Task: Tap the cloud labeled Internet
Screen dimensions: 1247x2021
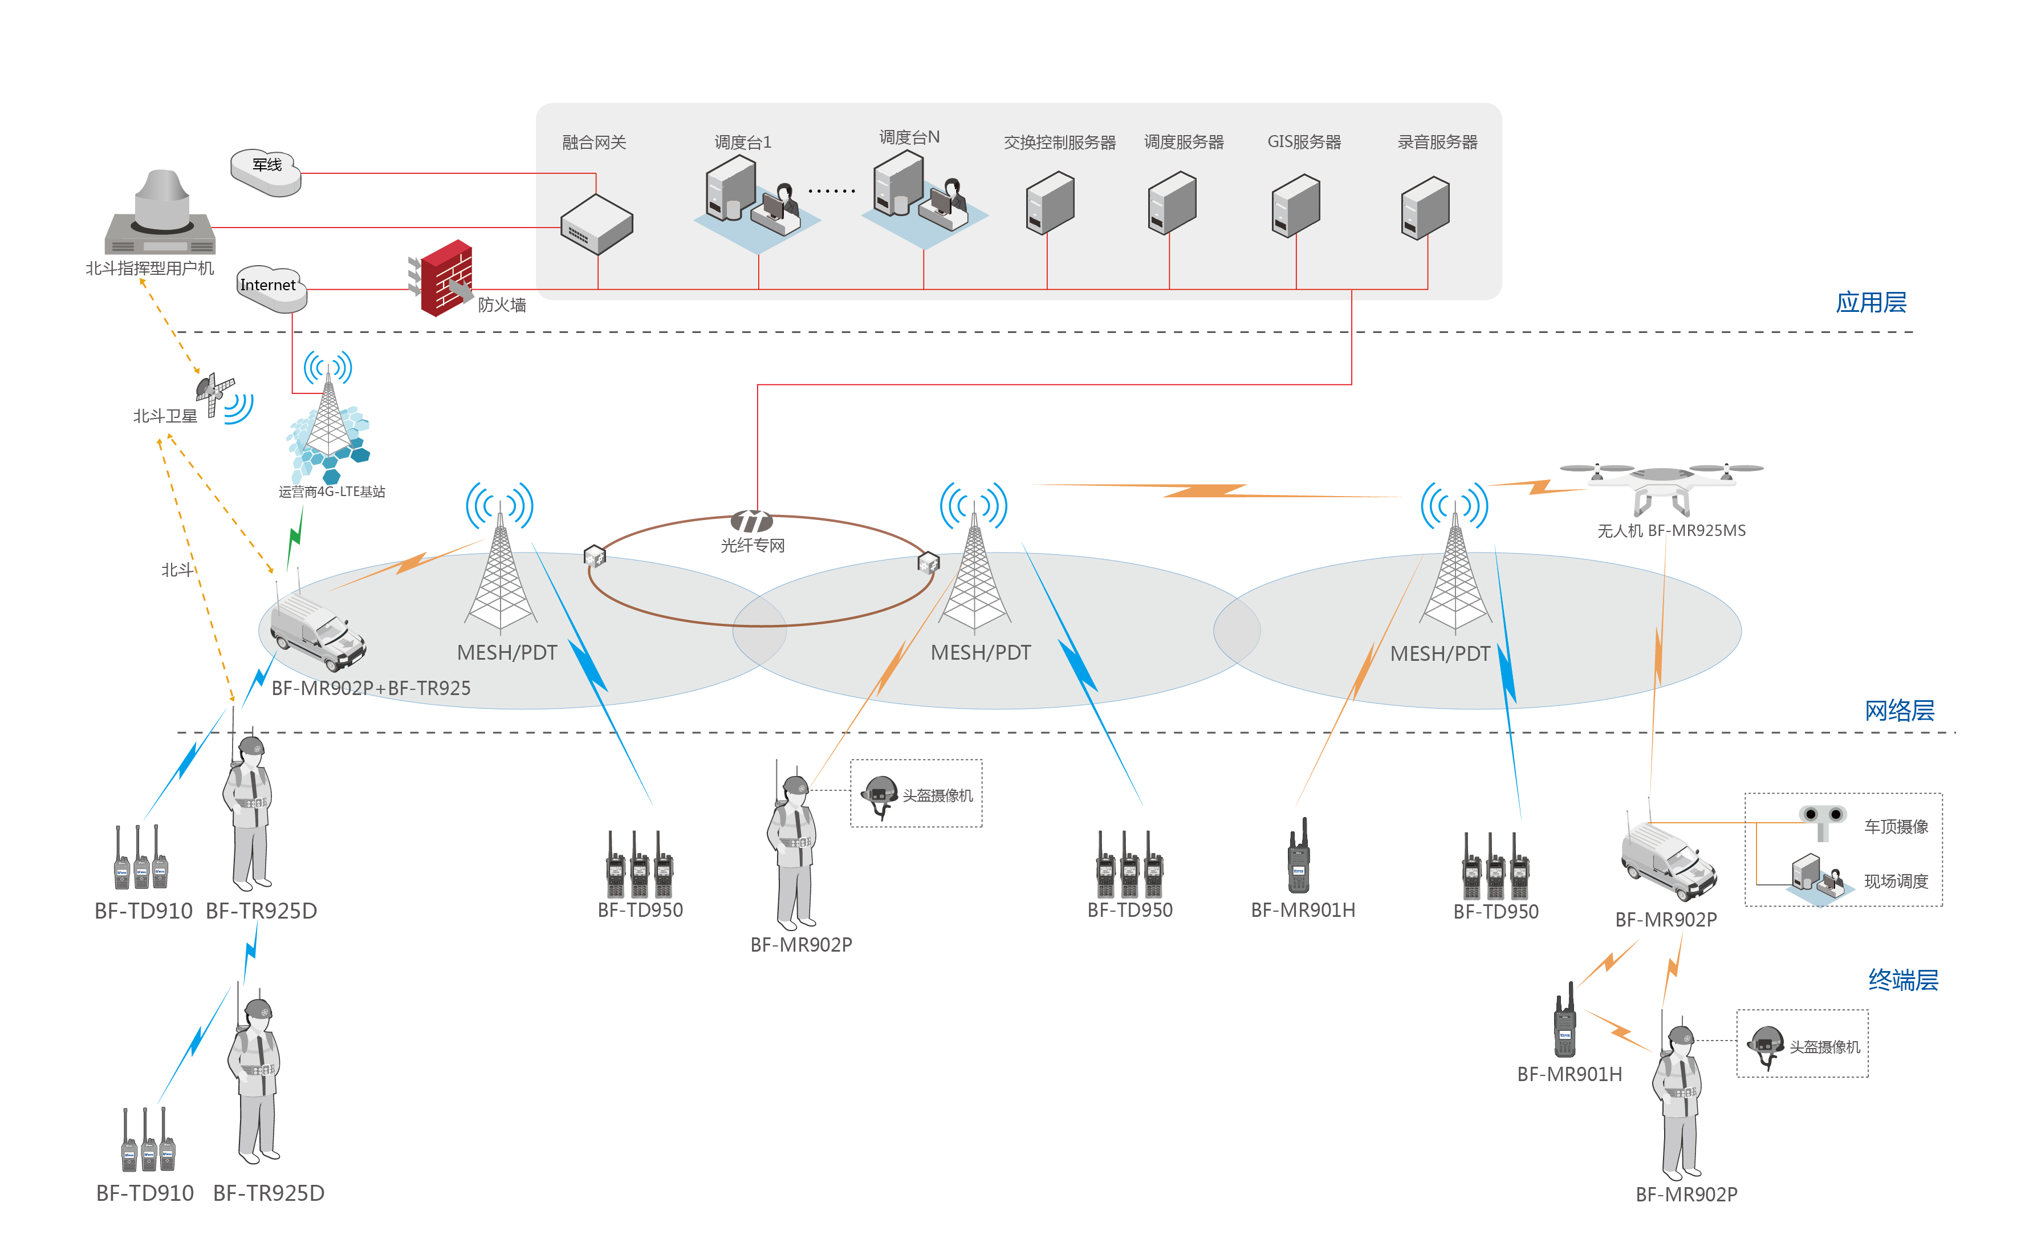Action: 270,288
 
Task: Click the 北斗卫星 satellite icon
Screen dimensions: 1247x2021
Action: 215,392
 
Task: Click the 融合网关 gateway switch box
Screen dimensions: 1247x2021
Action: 596,224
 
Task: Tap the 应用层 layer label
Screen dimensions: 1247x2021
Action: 1870,303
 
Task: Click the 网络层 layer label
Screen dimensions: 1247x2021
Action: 1899,710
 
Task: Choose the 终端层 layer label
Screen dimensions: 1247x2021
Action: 1902,980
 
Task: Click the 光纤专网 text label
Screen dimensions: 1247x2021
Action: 752,545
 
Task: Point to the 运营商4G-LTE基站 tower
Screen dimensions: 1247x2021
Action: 328,421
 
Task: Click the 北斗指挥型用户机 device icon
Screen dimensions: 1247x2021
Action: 161,214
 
